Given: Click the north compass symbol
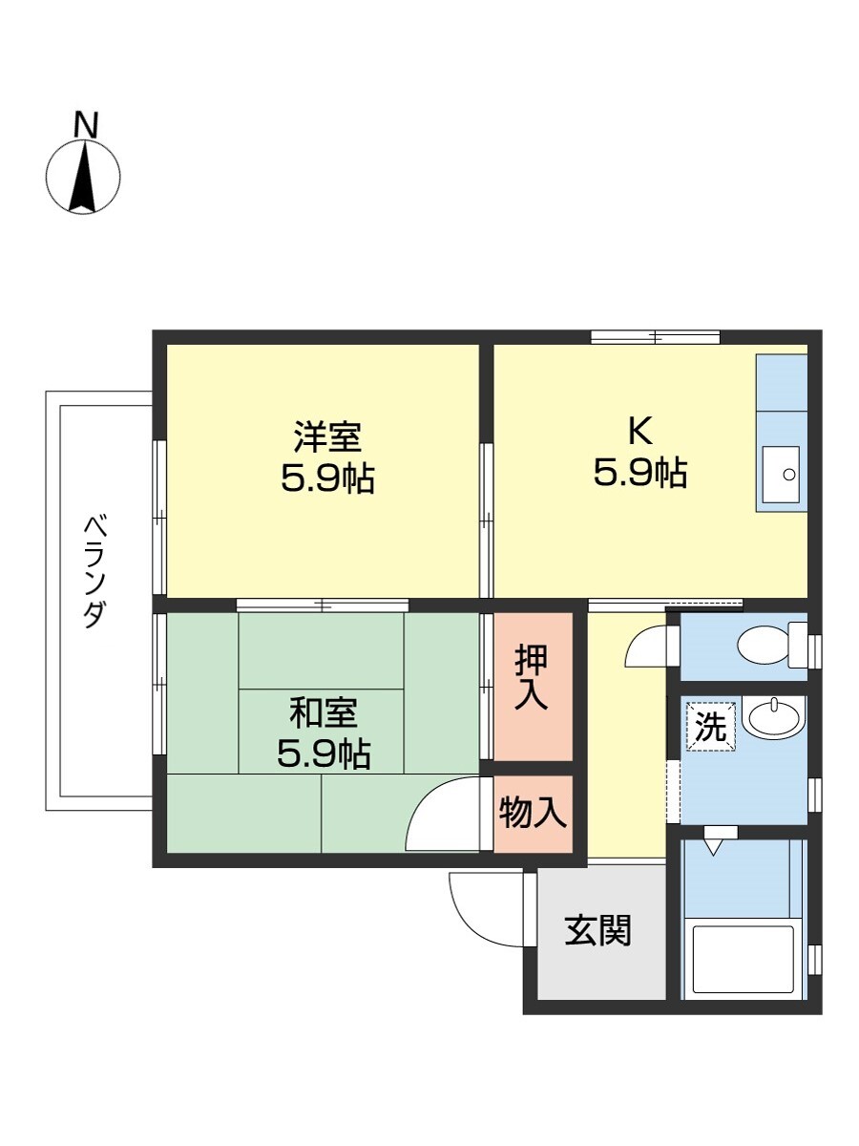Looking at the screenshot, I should tap(84, 177).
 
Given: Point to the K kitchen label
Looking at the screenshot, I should tap(639, 432).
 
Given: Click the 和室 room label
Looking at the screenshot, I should tap(324, 712).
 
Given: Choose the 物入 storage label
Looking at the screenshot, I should tap(533, 815).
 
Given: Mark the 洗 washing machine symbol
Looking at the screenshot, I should tap(710, 728).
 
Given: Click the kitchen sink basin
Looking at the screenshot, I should tap(782, 474).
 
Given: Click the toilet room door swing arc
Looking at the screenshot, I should tap(644, 644).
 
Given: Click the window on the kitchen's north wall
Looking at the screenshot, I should tap(655, 336).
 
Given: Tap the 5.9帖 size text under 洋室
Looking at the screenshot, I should tap(326, 478).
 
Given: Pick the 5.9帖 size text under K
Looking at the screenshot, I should tap(639, 474).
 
